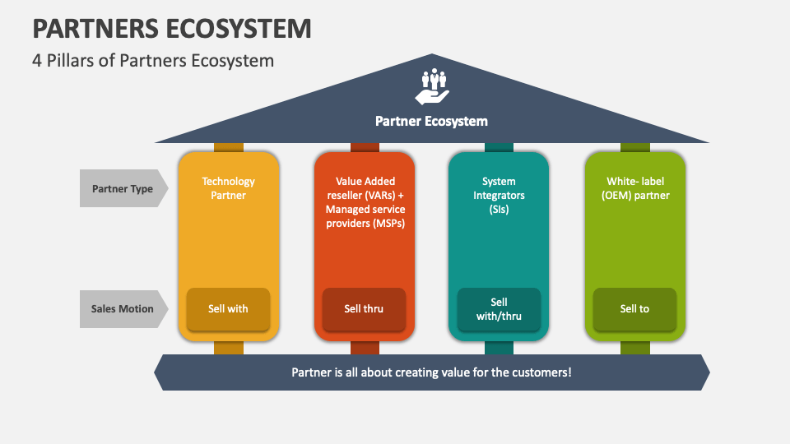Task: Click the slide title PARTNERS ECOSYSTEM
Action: [172, 28]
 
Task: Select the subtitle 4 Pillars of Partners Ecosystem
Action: [153, 61]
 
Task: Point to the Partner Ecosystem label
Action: [431, 121]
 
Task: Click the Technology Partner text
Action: [228, 188]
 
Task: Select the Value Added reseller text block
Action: [364, 202]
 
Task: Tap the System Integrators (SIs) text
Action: [499, 195]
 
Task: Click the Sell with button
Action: [228, 308]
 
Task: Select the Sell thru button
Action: [364, 308]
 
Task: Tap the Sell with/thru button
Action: [499, 308]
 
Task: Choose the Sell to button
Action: [634, 308]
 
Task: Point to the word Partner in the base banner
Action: [310, 372]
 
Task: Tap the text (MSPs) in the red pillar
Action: [389, 223]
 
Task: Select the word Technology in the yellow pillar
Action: [228, 182]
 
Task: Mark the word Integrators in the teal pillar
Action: [499, 195]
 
